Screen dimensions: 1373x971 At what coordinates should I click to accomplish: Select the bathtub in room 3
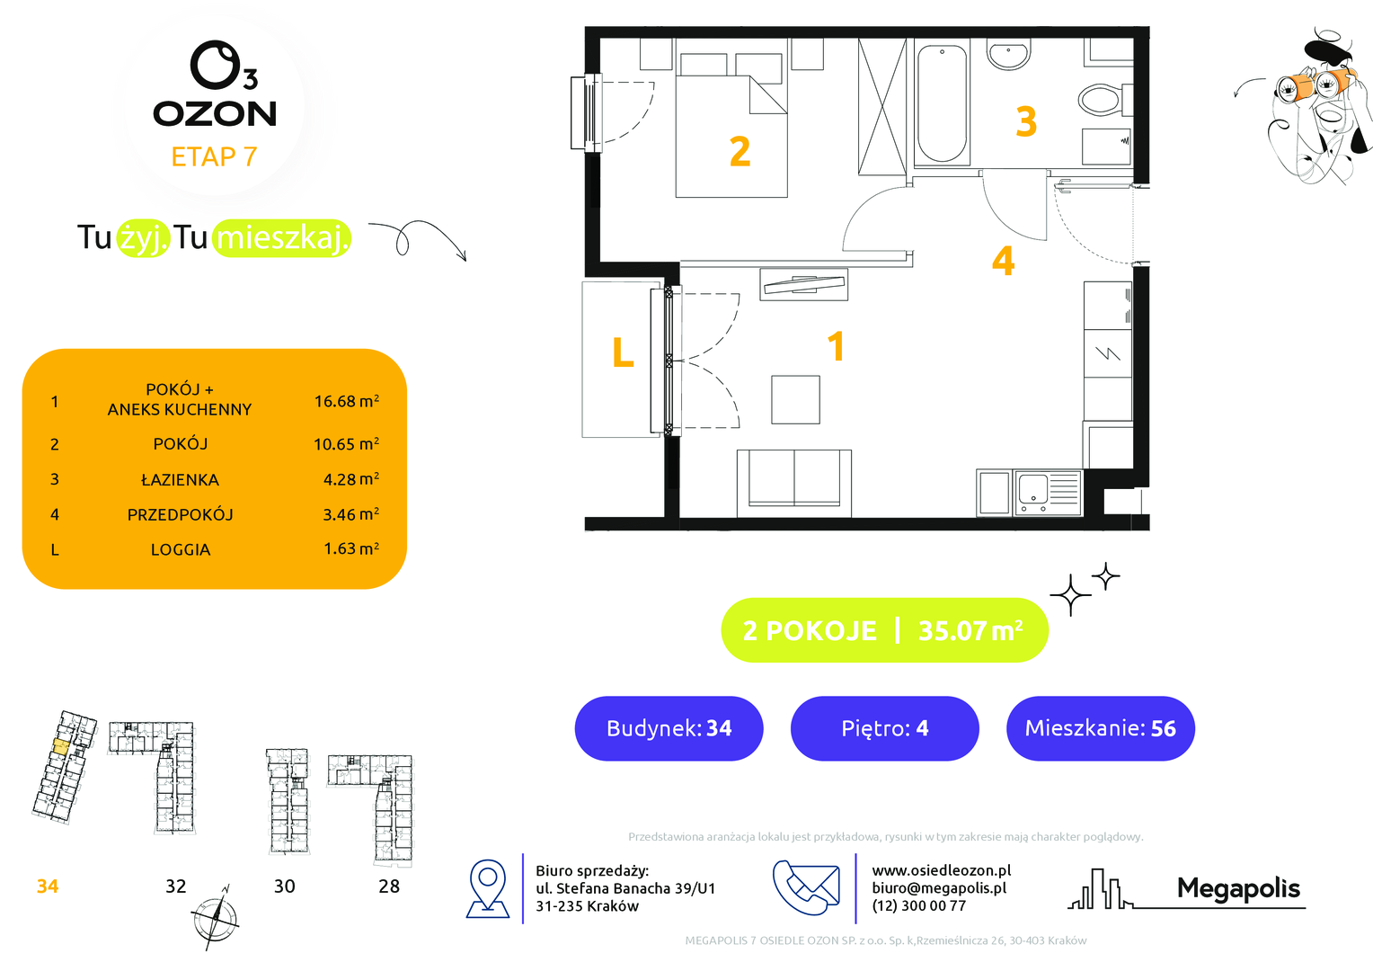point(942,103)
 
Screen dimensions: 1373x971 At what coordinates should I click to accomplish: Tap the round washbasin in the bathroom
point(1009,54)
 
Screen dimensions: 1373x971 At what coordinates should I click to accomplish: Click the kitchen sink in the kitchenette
point(1048,493)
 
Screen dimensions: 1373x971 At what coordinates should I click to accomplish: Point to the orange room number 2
point(740,152)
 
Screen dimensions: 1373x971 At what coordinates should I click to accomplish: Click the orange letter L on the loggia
point(623,352)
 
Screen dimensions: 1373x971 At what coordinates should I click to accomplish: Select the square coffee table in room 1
point(795,399)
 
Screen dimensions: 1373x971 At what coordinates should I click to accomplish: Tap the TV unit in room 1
point(803,285)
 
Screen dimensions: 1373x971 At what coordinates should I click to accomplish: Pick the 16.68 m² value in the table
point(346,401)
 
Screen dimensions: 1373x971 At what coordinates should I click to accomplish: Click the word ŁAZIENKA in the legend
point(180,479)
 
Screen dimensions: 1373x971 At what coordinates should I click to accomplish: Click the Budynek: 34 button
point(669,728)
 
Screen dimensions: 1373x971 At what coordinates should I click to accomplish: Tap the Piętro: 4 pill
point(884,728)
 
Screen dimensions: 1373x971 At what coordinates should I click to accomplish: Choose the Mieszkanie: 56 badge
point(1100,728)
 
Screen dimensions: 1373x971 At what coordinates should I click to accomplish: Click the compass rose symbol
point(215,918)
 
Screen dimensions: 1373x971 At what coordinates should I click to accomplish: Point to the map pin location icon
point(488,888)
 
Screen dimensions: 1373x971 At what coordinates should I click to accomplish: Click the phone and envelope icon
point(806,887)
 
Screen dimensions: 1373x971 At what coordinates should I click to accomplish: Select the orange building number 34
point(48,886)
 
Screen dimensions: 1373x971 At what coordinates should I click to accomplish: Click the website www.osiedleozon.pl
point(942,869)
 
